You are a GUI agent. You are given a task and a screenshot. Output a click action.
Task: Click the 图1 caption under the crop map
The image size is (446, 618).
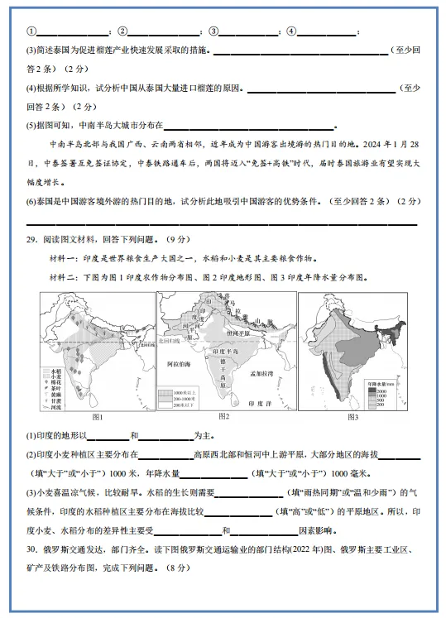[96, 416]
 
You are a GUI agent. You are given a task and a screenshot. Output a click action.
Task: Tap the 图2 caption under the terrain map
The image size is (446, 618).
[223, 415]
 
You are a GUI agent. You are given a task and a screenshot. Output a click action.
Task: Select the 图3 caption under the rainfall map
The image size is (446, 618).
[353, 416]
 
